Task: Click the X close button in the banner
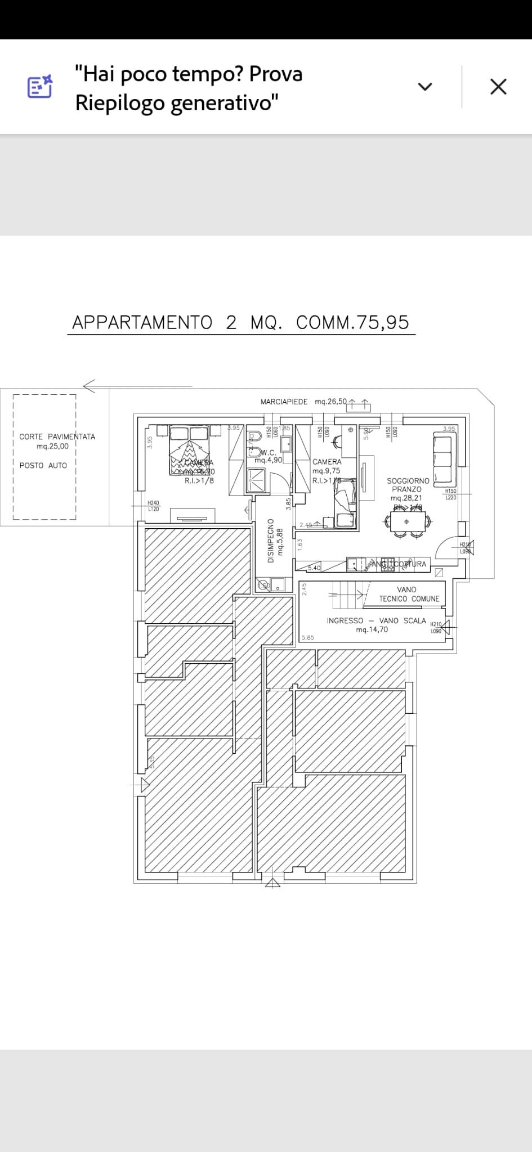498,87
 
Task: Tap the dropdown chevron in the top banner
425,87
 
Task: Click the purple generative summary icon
40,87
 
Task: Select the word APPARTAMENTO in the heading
142,322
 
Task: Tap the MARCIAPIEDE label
284,402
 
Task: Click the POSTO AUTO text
43,465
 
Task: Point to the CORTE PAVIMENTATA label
57,436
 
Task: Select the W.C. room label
269,452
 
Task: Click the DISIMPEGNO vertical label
271,541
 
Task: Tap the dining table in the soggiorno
407,521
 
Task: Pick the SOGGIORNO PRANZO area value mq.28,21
406,498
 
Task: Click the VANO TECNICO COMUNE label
409,594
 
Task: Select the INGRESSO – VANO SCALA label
376,620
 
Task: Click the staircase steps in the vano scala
347,594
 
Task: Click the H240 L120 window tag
153,506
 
